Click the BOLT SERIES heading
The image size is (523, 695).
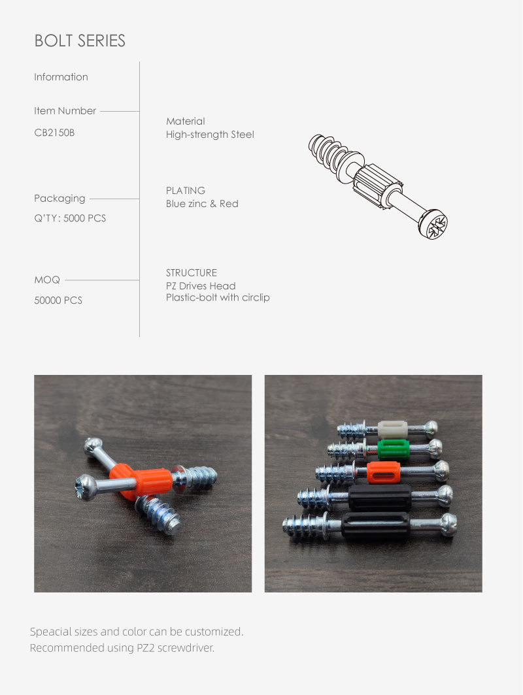click(x=80, y=40)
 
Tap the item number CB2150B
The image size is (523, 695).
click(x=54, y=133)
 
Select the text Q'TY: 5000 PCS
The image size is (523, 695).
click(x=70, y=218)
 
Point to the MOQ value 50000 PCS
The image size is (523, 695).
click(x=58, y=300)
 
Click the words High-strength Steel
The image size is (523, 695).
click(x=210, y=135)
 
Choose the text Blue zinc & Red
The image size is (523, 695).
click(x=202, y=204)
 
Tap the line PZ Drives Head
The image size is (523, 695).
click(x=201, y=286)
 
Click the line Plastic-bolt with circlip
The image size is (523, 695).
click(x=218, y=297)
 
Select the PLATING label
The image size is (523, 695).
click(x=186, y=191)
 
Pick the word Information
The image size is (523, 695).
click(x=61, y=77)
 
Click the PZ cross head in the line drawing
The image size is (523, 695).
click(x=434, y=225)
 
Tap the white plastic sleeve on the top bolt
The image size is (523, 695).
click(x=393, y=430)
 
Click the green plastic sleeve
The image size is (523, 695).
click(x=394, y=449)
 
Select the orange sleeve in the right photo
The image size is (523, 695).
click(x=384, y=472)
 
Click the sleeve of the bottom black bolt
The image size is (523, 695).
click(x=376, y=526)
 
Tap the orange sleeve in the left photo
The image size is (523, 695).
click(x=142, y=481)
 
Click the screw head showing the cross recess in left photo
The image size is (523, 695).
click(x=85, y=487)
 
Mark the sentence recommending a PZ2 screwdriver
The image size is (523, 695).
click(x=122, y=648)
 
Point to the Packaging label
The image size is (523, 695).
click(x=59, y=199)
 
